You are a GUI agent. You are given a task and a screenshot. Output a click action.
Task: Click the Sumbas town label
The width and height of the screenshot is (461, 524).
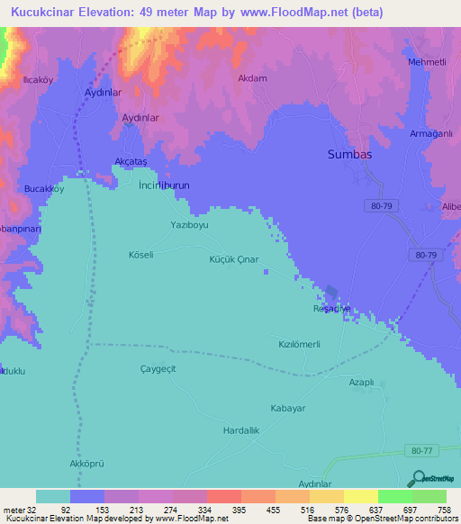pyautogui.click(x=348, y=154)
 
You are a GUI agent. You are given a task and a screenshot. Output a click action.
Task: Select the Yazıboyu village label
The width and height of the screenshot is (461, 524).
pyautogui.click(x=189, y=225)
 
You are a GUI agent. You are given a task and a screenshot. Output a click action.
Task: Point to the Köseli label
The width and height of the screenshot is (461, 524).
pyautogui.click(x=141, y=255)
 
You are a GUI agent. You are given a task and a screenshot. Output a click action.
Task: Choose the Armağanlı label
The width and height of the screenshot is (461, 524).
pyautogui.click(x=429, y=133)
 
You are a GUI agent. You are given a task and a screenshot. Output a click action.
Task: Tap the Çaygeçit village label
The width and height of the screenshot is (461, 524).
pyautogui.click(x=158, y=369)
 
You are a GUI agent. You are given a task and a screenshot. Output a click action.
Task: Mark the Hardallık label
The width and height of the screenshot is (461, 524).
pyautogui.click(x=241, y=431)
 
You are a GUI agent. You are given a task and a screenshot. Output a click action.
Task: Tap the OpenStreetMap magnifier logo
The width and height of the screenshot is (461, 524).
pyautogui.click(x=418, y=479)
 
